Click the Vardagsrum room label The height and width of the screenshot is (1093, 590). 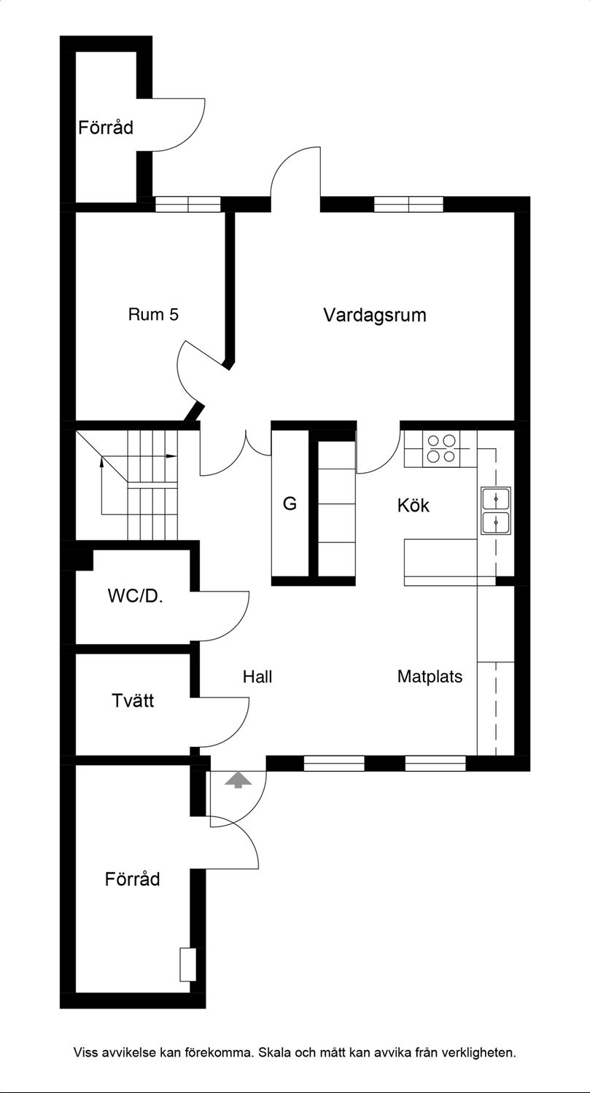pos(375,316)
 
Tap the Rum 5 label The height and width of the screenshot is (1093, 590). pos(153,314)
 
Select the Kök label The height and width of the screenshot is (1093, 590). pos(414,506)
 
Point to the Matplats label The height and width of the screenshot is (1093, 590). pos(430,677)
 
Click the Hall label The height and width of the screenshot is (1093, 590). pos(257,677)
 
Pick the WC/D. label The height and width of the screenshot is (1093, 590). pos(136,596)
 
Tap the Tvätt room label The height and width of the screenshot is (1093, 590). pos(133,701)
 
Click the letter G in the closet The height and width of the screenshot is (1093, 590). pos(290,503)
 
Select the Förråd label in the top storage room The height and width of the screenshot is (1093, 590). pos(106,128)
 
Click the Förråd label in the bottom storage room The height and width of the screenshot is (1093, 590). pos(132,880)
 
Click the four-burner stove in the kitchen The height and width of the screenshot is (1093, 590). pos(441,449)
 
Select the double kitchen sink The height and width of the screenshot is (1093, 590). pos(496,511)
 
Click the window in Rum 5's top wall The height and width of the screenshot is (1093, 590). pos(188,205)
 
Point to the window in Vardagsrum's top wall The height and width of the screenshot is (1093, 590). pos(409,205)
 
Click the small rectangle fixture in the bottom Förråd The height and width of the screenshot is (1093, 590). pos(188,965)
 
